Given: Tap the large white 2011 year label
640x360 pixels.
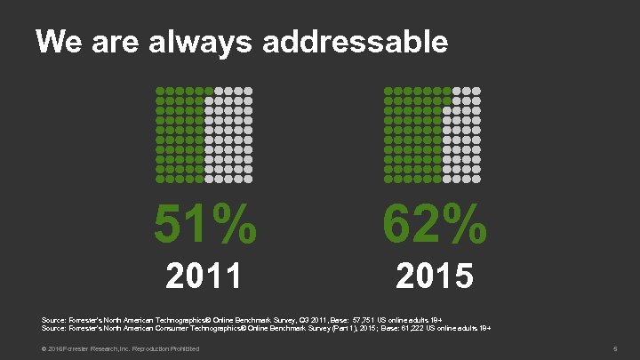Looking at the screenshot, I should click(205, 276).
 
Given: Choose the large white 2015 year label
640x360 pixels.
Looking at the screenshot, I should click(435, 276).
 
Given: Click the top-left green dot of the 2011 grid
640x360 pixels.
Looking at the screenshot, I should click(159, 92).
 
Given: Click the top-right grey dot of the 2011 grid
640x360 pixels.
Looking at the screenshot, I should click(251, 92).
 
